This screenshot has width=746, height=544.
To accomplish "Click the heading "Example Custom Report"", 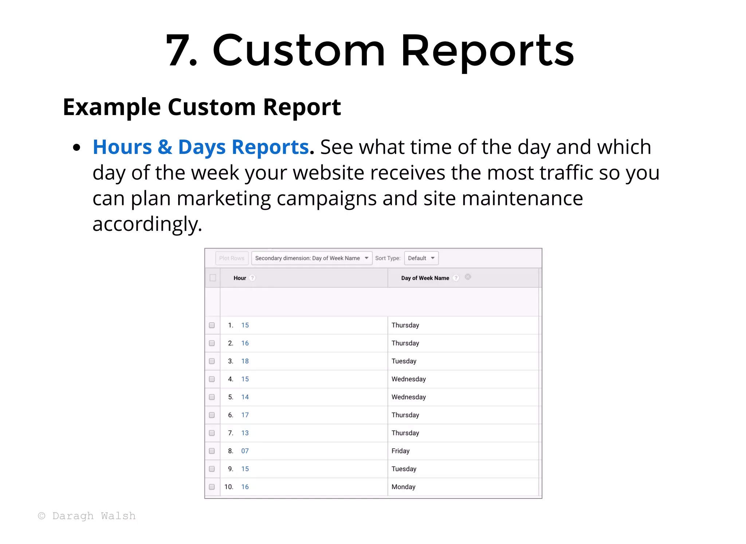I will tap(202, 107).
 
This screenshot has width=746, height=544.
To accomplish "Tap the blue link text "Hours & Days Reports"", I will tap(201, 147).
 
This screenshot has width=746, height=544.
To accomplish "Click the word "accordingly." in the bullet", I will tap(147, 224).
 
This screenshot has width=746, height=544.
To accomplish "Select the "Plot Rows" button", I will tap(232, 258).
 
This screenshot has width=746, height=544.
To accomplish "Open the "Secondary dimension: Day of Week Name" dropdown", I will tap(311, 258).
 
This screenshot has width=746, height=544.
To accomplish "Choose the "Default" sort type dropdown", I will tap(421, 258).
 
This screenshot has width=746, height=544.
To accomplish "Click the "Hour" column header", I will tap(240, 278).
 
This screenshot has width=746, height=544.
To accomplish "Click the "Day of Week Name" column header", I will tap(425, 278).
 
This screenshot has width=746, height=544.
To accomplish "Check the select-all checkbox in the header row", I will tap(213, 278).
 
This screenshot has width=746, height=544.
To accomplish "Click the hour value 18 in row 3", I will tap(245, 361).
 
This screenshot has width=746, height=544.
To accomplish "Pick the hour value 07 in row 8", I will tap(245, 451).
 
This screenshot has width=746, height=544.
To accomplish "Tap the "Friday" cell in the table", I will tap(400, 451).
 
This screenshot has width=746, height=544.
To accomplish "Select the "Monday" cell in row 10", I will tap(403, 487).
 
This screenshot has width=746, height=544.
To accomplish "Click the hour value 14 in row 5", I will tap(245, 397).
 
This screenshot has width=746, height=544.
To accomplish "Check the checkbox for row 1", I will tap(212, 325).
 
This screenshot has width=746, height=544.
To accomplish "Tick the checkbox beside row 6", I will tap(212, 415).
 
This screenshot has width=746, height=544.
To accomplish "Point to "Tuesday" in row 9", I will tap(404, 469).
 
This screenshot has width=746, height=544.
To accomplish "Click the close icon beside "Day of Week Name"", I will tap(468, 277).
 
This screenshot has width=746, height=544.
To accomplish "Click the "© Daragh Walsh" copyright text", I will tap(87, 516).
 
